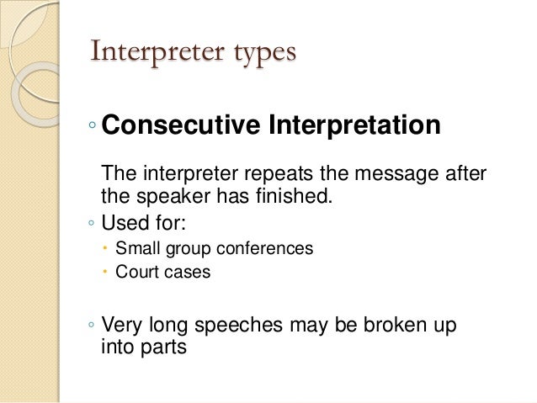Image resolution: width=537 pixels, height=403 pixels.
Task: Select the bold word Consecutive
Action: click(181, 126)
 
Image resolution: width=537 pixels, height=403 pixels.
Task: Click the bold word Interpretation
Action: click(354, 126)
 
